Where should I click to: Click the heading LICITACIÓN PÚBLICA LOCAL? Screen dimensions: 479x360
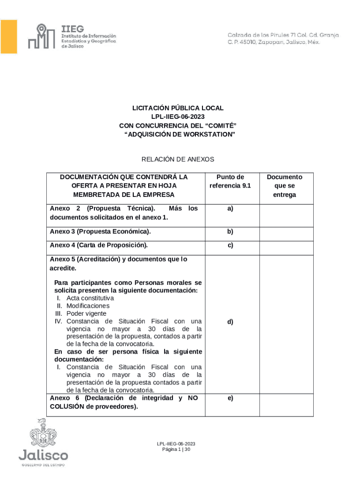click(178, 108)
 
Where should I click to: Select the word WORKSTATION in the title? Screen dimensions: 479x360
click(205, 134)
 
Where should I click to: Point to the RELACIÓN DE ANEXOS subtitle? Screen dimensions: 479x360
click(178, 160)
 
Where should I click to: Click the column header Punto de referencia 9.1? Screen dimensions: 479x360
click(230, 181)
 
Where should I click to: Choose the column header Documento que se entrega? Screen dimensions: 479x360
click(284, 186)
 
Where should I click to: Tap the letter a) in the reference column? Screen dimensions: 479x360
click(230, 209)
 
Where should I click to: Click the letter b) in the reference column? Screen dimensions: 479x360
click(230, 232)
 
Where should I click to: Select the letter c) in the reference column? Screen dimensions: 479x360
click(230, 245)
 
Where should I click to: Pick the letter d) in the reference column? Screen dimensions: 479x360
click(230, 322)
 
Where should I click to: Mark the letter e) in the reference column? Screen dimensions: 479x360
click(230, 398)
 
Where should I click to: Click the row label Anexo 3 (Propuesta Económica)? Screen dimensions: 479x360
click(100, 232)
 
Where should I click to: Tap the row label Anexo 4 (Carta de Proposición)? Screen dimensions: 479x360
click(99, 245)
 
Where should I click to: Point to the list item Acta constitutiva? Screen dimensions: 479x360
click(90, 298)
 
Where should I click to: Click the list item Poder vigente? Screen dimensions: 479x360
click(86, 313)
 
